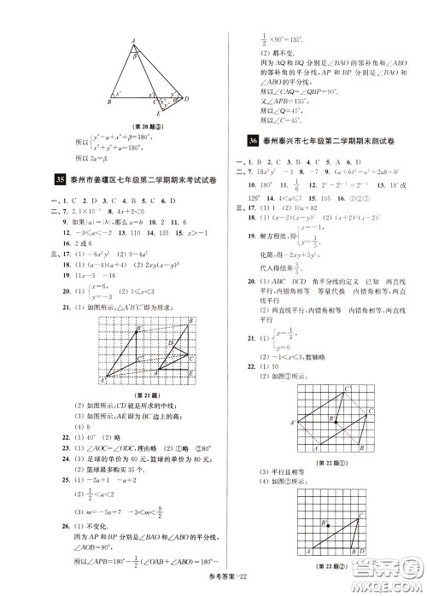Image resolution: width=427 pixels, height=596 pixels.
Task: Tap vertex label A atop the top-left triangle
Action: (133, 39)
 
